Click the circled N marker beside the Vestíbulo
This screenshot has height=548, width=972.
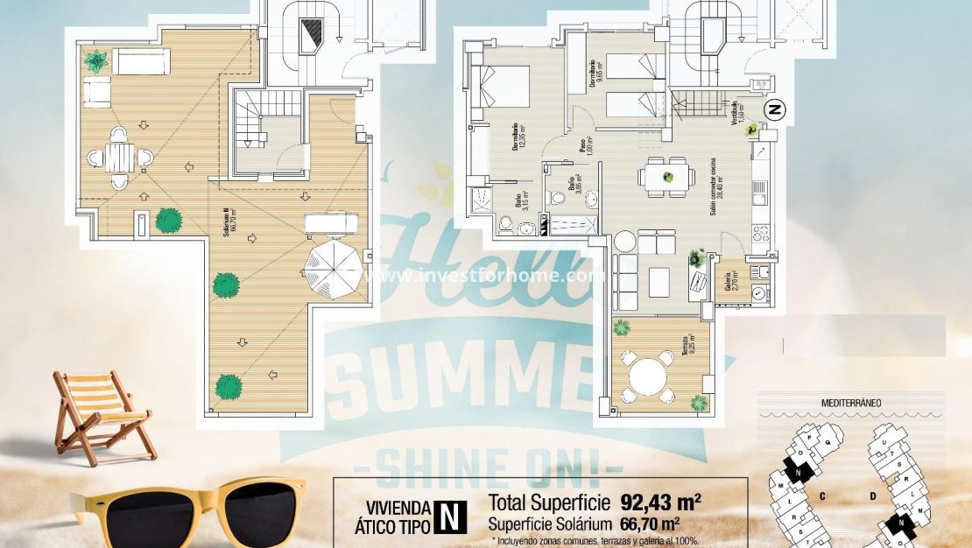[774, 109]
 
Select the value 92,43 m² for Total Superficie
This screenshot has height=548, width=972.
[661, 502]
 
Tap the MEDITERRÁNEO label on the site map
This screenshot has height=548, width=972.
[850, 403]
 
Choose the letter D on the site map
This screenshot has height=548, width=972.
[873, 495]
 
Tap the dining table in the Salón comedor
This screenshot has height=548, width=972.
[667, 177]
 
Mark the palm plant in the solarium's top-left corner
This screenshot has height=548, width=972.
[95, 60]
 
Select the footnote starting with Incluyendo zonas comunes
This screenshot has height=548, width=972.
[595, 540]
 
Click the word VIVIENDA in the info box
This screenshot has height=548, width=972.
[398, 507]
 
